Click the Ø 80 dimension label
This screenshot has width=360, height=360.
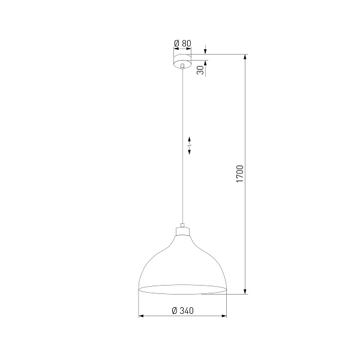pyautogui.click(x=182, y=43)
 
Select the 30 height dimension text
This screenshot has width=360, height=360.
pyautogui.click(x=200, y=70)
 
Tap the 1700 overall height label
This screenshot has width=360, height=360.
pyautogui.click(x=239, y=174)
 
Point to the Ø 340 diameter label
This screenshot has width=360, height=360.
pyautogui.click(x=183, y=311)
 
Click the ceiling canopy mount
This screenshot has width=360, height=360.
pyautogui.click(x=182, y=61)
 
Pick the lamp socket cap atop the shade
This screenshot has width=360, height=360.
pyautogui.click(x=183, y=231)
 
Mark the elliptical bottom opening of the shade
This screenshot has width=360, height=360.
pyautogui.click(x=182, y=290)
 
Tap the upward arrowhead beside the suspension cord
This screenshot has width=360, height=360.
pyautogui.click(x=190, y=140)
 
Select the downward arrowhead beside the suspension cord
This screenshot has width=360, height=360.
pyautogui.click(x=190, y=151)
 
